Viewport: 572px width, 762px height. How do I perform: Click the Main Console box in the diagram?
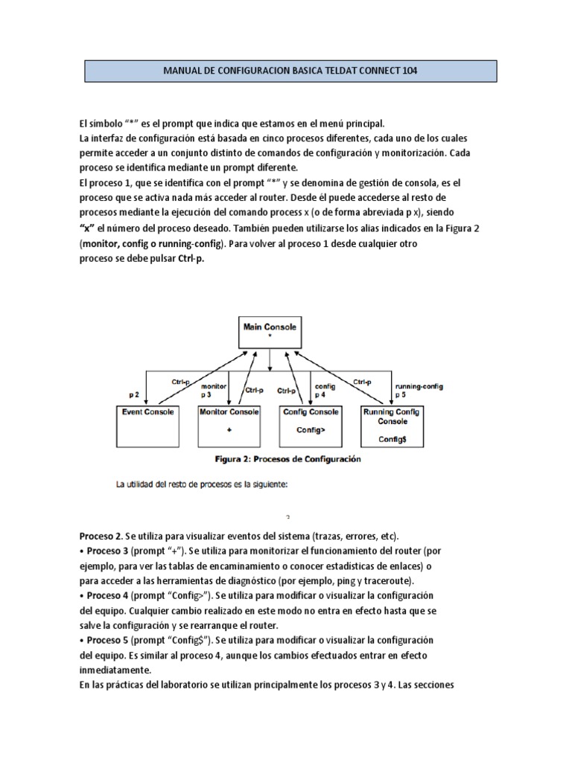coord(270,333)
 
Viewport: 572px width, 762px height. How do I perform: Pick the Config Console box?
coord(312,423)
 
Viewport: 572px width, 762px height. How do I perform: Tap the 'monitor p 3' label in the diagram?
coord(214,391)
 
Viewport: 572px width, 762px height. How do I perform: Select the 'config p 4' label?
coord(325,391)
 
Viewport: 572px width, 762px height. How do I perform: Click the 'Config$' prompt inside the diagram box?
coord(392,439)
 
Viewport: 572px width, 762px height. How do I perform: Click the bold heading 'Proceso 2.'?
coord(101,536)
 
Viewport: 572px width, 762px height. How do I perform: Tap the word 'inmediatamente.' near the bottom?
coord(115,670)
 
